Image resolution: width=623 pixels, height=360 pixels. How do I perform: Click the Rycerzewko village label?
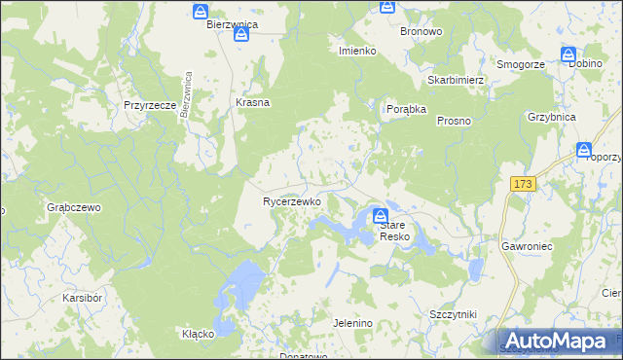coord(292,201)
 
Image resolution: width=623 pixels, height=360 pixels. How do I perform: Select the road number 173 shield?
coord(524,184)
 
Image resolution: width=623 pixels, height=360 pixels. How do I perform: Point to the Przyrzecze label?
coord(149,105)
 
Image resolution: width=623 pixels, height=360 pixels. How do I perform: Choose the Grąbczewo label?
coord(74,207)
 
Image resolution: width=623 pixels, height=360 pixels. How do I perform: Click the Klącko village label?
coord(198,334)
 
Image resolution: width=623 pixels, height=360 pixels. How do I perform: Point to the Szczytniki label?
coord(452,315)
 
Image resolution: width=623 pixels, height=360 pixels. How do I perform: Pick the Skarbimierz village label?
coord(456,80)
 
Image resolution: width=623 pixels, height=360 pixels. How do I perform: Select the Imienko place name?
coord(357,51)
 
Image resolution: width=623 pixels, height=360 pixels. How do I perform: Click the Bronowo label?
coord(421,31)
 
